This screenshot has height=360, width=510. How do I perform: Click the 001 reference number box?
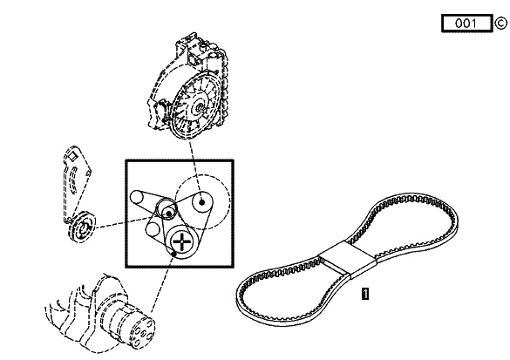(466, 23)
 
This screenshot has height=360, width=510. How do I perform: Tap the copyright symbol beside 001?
(501, 24)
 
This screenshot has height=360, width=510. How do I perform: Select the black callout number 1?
(365, 294)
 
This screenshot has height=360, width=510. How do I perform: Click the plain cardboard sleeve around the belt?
(348, 258)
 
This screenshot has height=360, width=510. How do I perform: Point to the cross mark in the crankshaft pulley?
(182, 242)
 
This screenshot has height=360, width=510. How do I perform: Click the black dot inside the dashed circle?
(201, 202)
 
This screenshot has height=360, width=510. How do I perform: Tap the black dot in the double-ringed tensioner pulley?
(169, 214)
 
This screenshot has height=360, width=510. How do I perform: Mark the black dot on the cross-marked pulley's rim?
(174, 254)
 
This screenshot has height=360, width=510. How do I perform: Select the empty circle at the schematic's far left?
(137, 197)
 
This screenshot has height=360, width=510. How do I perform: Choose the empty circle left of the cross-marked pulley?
(153, 229)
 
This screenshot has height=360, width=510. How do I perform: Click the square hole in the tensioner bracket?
(72, 156)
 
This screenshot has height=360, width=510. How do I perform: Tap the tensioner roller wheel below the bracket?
(82, 227)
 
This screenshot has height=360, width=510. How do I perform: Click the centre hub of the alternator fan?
(199, 108)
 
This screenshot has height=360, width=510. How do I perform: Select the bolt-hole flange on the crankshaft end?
(141, 332)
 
